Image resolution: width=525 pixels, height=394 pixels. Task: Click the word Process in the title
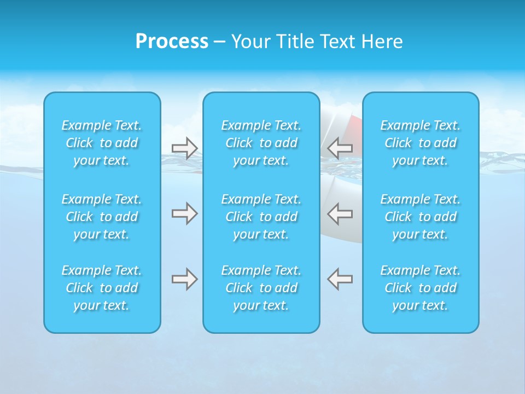(x=172, y=42)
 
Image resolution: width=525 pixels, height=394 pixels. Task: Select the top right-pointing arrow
(x=184, y=148)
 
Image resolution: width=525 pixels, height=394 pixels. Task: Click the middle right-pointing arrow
(x=184, y=213)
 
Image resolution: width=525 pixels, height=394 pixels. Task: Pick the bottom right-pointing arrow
(x=184, y=279)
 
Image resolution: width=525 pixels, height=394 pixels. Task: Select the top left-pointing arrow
(x=340, y=148)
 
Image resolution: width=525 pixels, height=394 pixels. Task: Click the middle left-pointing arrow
(x=340, y=213)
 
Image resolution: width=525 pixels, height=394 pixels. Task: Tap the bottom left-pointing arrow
(x=340, y=279)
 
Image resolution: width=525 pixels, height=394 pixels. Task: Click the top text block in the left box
(x=102, y=143)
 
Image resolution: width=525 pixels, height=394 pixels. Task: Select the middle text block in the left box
(x=102, y=217)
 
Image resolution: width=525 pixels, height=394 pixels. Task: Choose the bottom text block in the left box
(x=102, y=288)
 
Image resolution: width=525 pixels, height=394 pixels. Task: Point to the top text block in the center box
(x=261, y=143)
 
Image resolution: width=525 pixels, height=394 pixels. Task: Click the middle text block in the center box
(x=261, y=217)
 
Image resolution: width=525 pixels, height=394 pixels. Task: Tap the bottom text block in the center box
(x=261, y=288)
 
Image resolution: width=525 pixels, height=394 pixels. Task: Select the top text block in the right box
(x=420, y=143)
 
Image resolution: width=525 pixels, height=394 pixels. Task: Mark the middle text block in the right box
(x=420, y=217)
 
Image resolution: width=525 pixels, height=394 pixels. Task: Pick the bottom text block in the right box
(x=420, y=288)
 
